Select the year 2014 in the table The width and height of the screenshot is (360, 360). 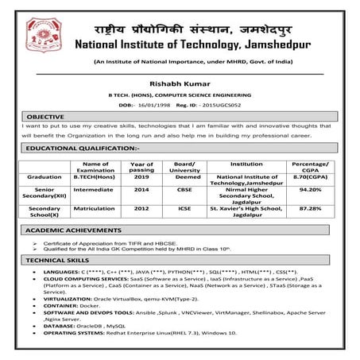pos(141,191)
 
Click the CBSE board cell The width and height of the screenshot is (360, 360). pos(180,191)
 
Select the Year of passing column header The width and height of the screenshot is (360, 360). pos(141,166)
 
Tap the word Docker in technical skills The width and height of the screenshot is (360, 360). pos(95,303)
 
